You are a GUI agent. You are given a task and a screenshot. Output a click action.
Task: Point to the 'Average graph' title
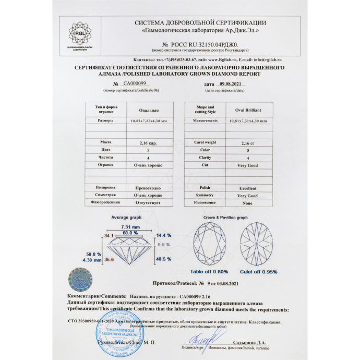(127, 218)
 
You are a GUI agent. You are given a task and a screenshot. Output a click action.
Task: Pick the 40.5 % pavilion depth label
(164, 259)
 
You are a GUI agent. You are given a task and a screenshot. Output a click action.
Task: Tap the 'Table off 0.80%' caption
(209, 272)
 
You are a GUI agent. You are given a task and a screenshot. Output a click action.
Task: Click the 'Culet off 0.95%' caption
(259, 272)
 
